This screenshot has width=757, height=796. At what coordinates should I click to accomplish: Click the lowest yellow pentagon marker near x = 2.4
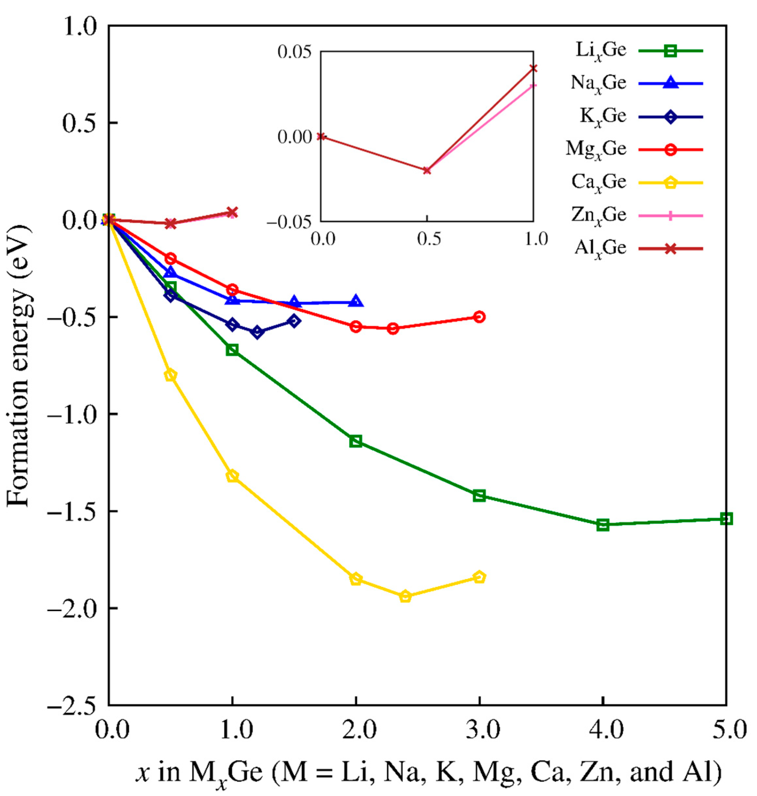click(x=406, y=596)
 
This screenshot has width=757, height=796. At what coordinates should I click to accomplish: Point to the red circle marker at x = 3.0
click(x=479, y=317)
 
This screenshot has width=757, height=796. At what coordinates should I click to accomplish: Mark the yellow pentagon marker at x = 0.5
click(x=170, y=375)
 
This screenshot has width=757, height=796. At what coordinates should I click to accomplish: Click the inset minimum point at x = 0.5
click(x=427, y=170)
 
